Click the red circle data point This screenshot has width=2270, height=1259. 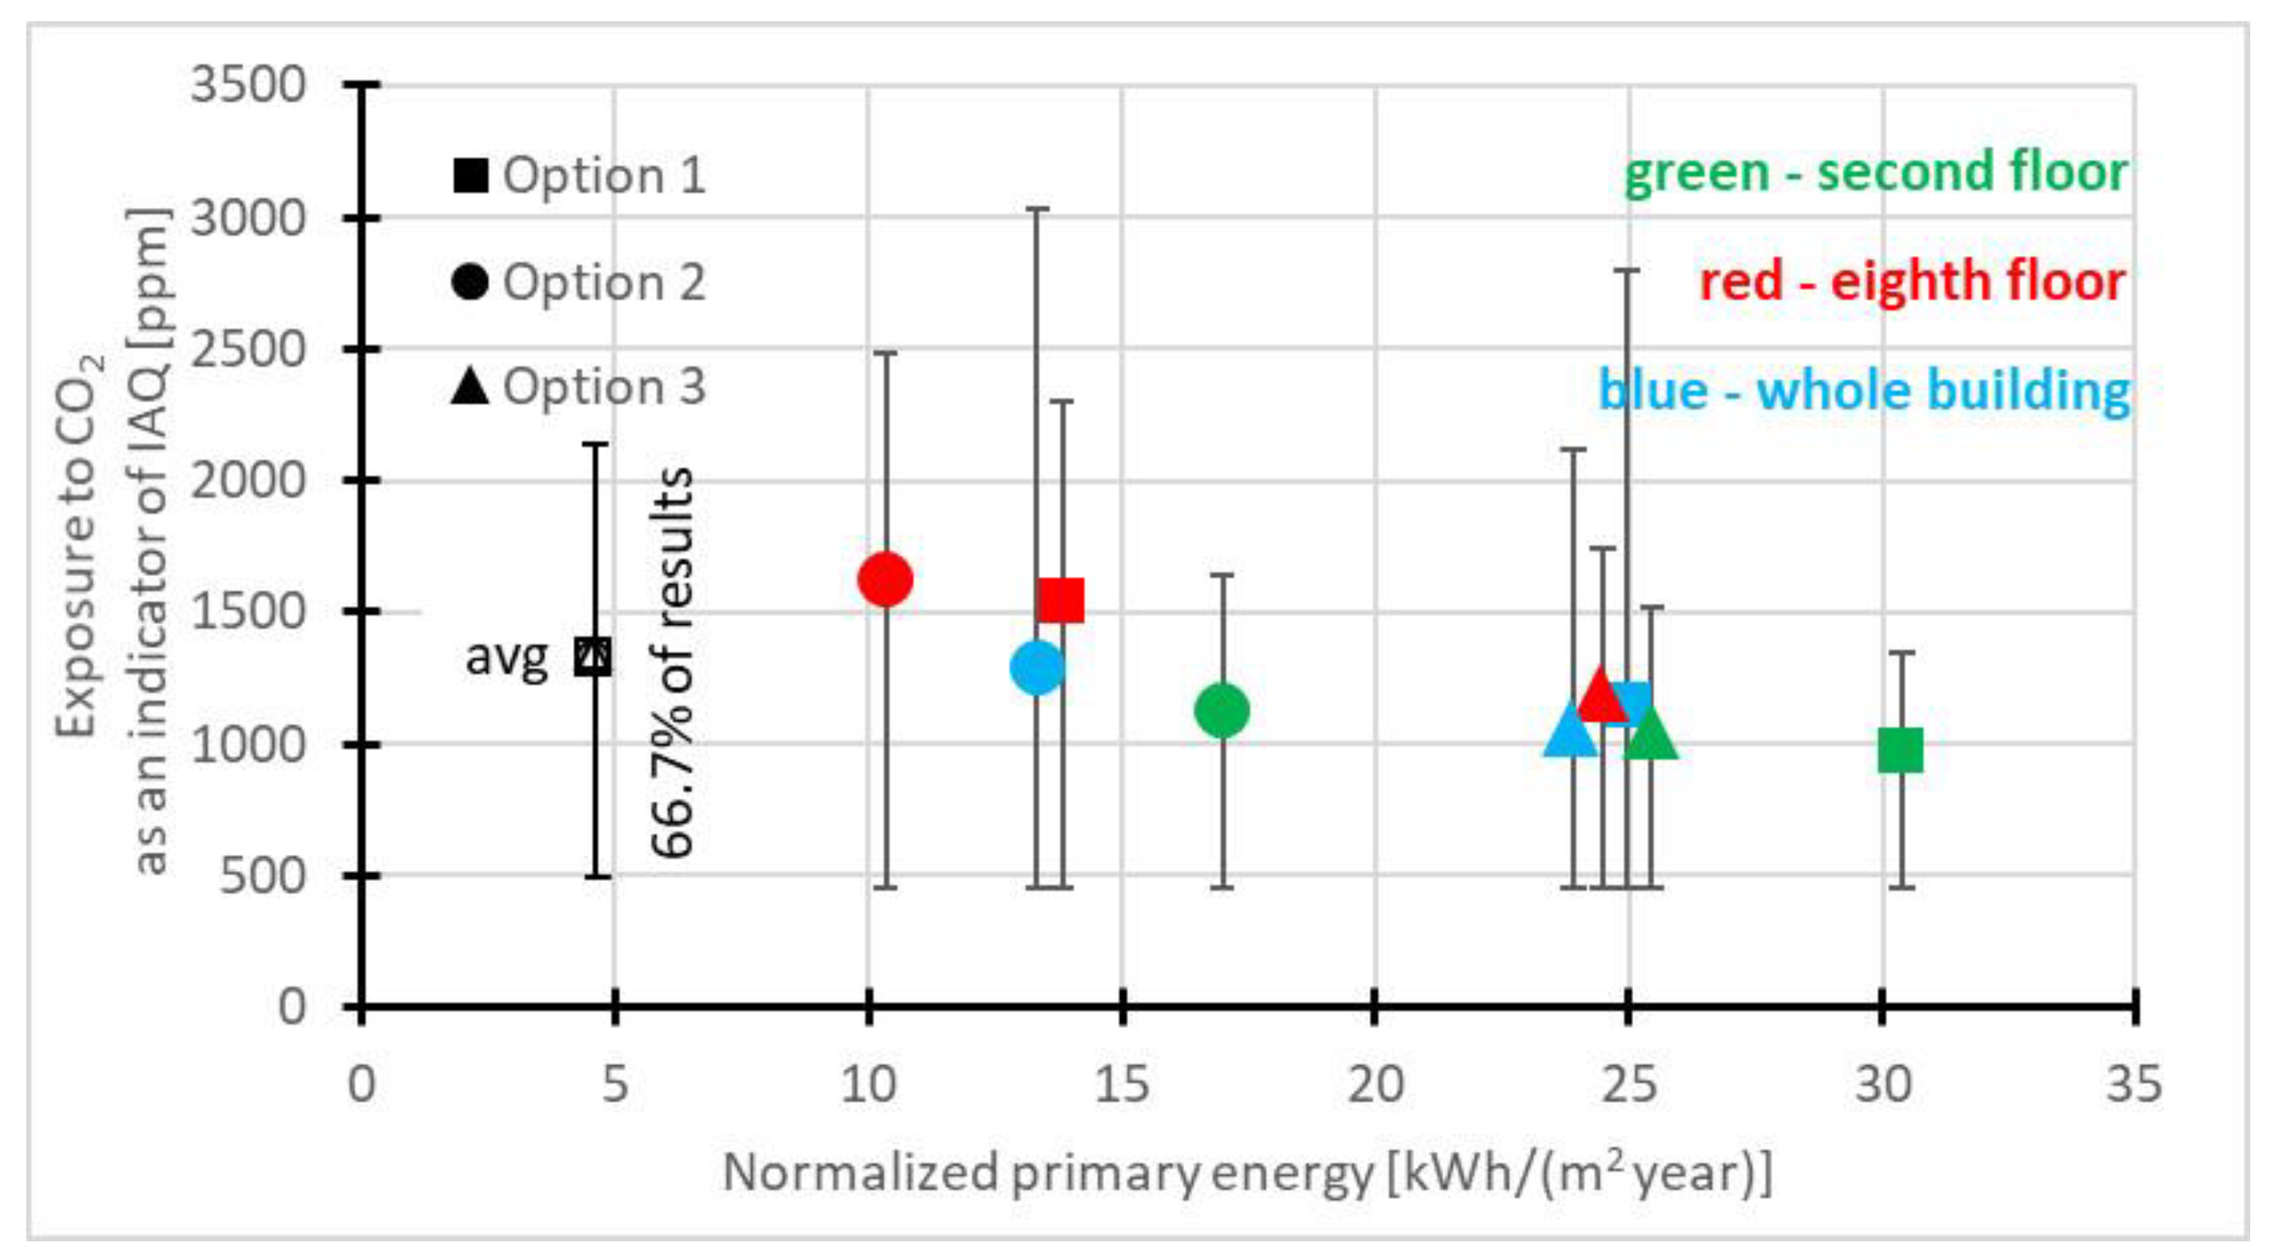tap(885, 579)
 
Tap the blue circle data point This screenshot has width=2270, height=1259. tap(1038, 667)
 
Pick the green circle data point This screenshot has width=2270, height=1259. tap(1221, 710)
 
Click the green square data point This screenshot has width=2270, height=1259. tap(1901, 751)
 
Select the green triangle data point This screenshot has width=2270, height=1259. tap(1650, 735)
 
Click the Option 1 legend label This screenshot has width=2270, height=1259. tap(604, 175)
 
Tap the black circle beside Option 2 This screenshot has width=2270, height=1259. tap(470, 282)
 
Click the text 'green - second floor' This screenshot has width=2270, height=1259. tap(1875, 172)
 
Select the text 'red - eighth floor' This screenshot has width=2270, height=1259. tap(1912, 282)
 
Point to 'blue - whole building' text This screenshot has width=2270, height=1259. tap(1864, 391)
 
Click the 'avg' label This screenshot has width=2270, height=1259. tap(506, 657)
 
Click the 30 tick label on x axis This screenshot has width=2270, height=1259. tap(1882, 1084)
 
